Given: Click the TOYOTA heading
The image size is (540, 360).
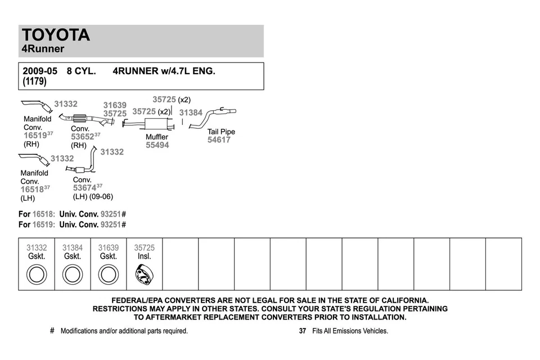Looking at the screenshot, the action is click(x=56, y=35).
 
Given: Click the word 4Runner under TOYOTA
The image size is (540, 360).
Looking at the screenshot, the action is click(x=43, y=49).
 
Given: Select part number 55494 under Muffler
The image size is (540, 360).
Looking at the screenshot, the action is click(x=157, y=145).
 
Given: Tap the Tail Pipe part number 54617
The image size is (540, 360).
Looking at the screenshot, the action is click(x=219, y=140).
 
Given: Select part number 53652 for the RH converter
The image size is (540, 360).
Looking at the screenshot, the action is click(x=82, y=137).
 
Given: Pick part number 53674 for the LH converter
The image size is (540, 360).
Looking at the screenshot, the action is click(x=84, y=188).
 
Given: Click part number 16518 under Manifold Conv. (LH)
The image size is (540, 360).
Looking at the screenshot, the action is click(x=32, y=190).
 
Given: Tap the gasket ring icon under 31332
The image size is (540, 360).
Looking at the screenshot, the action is click(x=37, y=275).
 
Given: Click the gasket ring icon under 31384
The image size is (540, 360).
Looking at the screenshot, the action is click(x=73, y=275).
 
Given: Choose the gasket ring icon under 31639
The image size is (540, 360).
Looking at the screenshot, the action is click(x=109, y=275).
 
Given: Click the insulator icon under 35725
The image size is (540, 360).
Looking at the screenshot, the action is click(x=144, y=275).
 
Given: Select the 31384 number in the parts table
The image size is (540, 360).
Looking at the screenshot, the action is click(x=73, y=247).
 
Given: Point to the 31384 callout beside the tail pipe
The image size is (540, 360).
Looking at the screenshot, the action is click(x=191, y=112).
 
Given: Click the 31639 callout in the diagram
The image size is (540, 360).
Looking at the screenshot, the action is click(x=115, y=105).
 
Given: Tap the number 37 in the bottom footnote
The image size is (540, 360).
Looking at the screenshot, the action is click(x=303, y=331).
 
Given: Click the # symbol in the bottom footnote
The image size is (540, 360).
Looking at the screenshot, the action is click(x=52, y=331).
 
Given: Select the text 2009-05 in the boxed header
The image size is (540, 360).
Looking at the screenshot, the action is click(x=40, y=71).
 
